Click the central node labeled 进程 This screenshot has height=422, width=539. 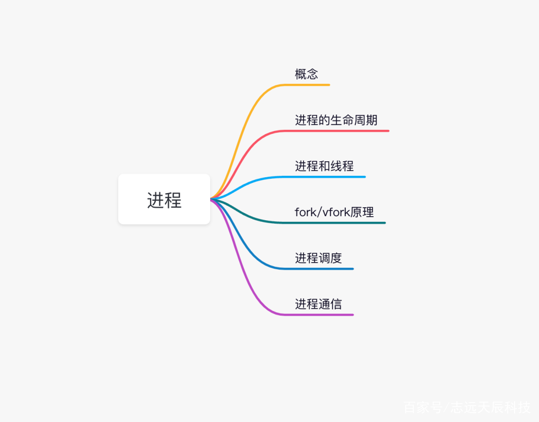tap(164, 199)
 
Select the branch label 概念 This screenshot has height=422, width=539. tap(306, 74)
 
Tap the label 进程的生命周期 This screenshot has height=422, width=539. tap(336, 120)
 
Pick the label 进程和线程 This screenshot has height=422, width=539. tap(324, 166)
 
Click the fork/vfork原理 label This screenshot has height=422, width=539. tap(334, 212)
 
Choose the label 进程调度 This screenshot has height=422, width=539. tap(318, 258)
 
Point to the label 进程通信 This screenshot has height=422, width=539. tap(318, 304)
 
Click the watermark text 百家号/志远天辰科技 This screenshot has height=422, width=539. tap(467, 408)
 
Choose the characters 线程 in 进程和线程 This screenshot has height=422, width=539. tap(342, 166)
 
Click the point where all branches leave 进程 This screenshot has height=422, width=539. tap(211, 199)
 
